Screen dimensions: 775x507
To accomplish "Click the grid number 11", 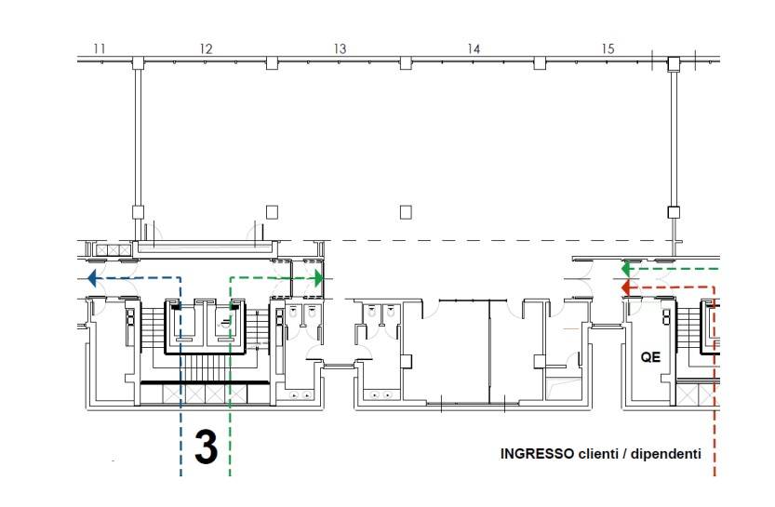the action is click(x=100, y=48).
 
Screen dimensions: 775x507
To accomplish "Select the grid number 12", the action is click(x=207, y=48).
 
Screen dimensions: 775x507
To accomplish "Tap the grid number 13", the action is click(x=340, y=48).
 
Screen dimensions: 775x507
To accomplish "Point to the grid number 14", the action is click(x=474, y=48).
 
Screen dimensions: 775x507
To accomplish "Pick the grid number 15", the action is click(x=608, y=48).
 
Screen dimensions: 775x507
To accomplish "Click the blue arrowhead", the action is click(x=92, y=278).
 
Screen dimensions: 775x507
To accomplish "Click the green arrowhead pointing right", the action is click(x=319, y=278).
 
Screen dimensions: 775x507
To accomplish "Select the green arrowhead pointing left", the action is click(x=625, y=269).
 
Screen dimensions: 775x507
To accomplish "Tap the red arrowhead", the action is click(x=625, y=287).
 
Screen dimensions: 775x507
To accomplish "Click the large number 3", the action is click(x=206, y=447).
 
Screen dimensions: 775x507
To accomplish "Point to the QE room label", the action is click(x=650, y=357).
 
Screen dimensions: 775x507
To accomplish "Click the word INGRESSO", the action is click(x=537, y=454).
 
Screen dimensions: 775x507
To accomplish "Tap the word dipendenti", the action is click(x=666, y=454).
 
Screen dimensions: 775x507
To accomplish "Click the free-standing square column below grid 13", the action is click(x=272, y=212).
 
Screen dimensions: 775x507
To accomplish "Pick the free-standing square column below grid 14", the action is click(x=406, y=212).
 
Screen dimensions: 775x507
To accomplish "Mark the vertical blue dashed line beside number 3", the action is click(x=180, y=377).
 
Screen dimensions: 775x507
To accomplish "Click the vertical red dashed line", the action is click(x=715, y=381).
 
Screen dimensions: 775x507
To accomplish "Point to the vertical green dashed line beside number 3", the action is click(x=231, y=377).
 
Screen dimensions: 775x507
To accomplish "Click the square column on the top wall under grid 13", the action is click(x=406, y=63).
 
